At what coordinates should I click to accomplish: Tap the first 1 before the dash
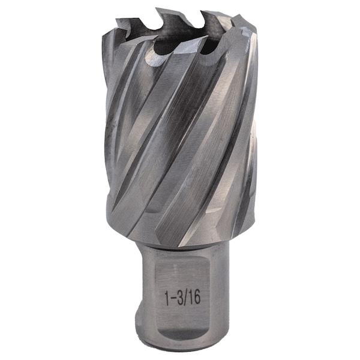[167, 298]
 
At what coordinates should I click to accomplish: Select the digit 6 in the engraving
[197, 297]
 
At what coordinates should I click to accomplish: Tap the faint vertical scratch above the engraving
[176, 270]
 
